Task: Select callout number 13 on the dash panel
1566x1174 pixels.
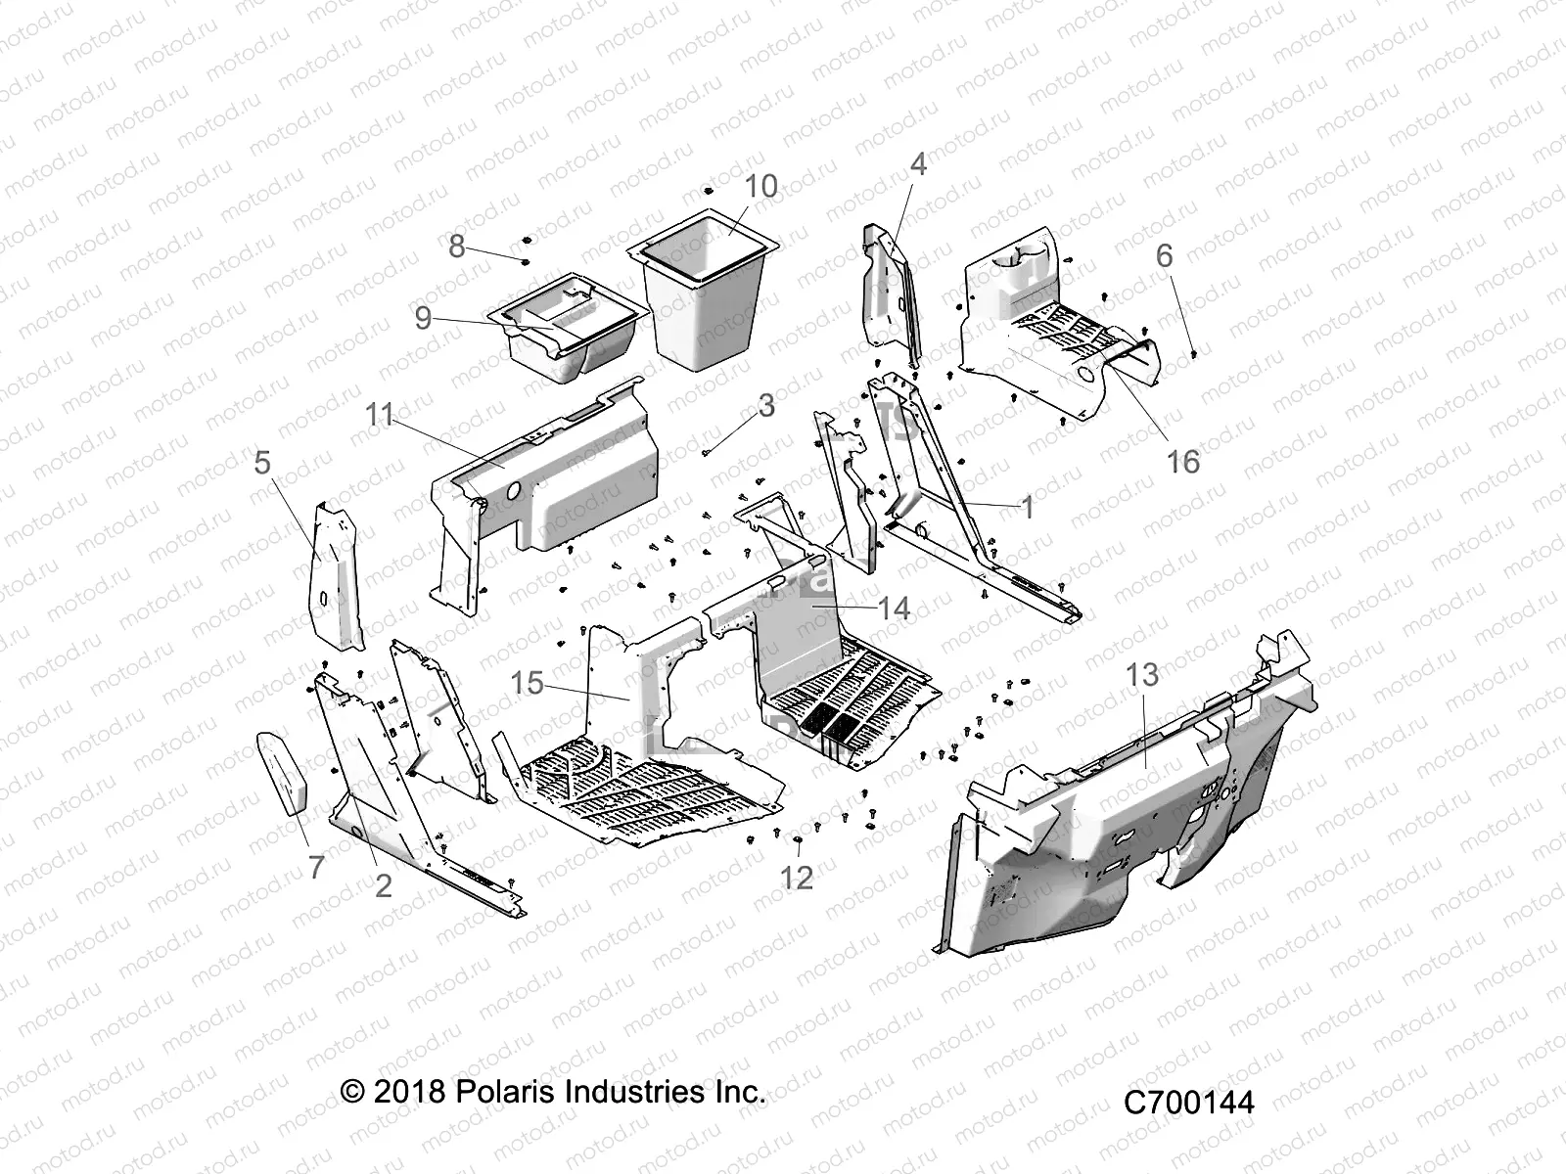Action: click(1142, 675)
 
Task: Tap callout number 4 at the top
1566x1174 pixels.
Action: click(917, 163)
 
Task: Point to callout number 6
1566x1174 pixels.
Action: click(1164, 255)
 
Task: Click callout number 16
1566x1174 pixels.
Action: click(1184, 462)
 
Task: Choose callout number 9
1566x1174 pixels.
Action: click(423, 318)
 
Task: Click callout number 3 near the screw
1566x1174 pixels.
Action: click(766, 405)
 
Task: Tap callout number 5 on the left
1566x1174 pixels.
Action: click(262, 462)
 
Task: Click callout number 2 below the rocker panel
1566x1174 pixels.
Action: click(383, 885)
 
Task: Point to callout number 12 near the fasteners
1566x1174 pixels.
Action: click(798, 878)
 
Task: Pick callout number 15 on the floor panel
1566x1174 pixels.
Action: click(528, 682)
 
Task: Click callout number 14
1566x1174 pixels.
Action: click(894, 608)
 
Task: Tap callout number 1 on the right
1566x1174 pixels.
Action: click(1027, 507)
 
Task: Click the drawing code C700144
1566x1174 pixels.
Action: click(1188, 1103)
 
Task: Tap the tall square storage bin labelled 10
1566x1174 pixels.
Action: click(705, 293)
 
